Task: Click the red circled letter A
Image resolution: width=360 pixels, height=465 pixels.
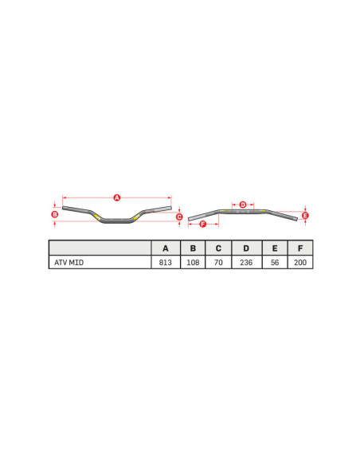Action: [116, 197]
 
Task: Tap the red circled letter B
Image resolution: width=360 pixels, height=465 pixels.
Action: [54, 214]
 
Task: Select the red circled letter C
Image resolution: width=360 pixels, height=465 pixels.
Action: [179, 217]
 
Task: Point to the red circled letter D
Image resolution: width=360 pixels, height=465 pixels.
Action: [243, 205]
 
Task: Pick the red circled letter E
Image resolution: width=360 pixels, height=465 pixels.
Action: [306, 215]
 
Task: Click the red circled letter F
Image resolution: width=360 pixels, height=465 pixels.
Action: [202, 225]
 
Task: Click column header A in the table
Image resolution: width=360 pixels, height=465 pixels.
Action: [166, 248]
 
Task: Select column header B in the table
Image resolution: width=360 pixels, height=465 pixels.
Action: [193, 248]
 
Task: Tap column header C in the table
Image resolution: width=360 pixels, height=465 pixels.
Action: [218, 248]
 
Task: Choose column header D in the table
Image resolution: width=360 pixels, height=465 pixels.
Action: [246, 248]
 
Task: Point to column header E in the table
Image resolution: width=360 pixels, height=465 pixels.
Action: [274, 248]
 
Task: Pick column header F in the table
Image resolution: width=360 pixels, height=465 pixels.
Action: [299, 248]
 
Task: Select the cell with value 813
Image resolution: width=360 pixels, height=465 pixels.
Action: [166, 262]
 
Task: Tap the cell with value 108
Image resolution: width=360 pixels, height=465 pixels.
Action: [193, 262]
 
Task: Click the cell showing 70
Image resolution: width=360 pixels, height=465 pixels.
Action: [218, 262]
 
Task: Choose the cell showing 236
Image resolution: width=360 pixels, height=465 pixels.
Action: [246, 262]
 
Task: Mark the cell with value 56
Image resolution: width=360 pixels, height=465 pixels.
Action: [274, 262]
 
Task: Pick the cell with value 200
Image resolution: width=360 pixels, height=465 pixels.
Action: [299, 262]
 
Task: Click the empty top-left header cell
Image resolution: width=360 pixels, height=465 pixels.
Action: [100, 248]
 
